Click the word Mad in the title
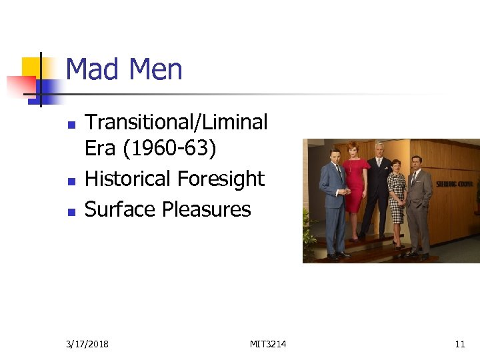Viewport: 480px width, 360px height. (91, 70)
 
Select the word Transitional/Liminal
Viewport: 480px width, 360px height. (177, 123)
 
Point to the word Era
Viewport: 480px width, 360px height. (100, 149)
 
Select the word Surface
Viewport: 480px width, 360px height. (121, 209)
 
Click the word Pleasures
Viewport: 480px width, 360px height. (207, 209)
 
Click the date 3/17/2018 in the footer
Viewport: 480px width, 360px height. (88, 344)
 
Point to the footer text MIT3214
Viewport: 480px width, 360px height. (268, 344)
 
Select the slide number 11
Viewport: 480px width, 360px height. (459, 344)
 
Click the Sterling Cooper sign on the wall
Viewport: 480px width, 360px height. (455, 183)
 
